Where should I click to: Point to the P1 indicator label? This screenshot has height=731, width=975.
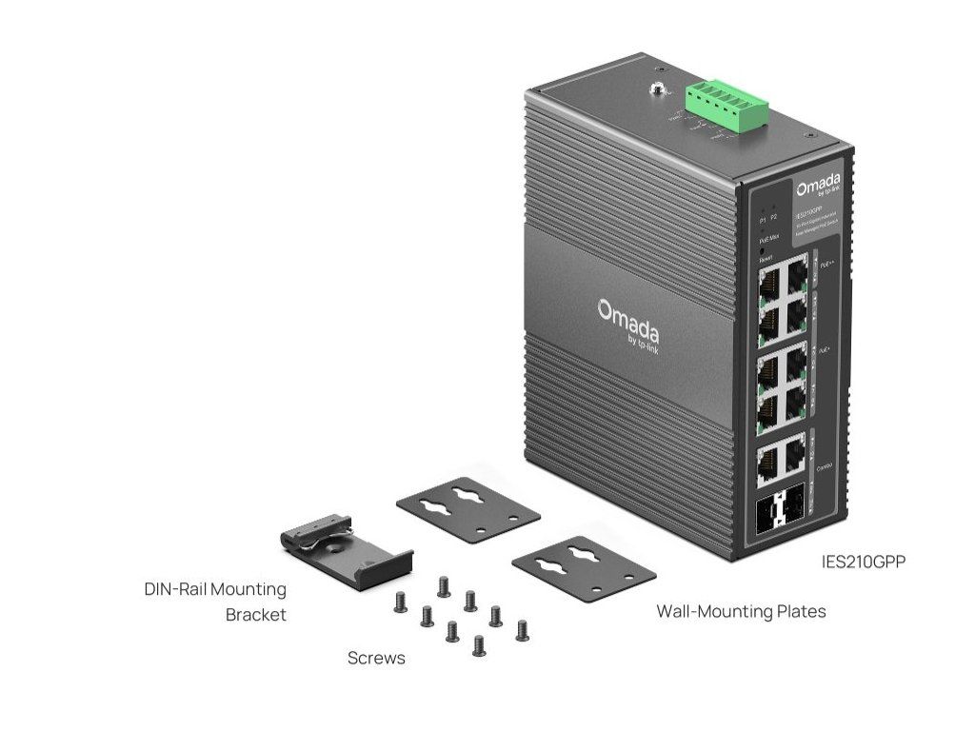click(763, 219)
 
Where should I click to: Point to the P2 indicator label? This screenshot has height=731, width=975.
click(774, 218)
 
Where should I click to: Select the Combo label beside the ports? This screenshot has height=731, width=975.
click(825, 466)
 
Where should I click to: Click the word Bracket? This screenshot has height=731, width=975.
click(255, 615)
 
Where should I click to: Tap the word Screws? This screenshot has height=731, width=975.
click(376, 658)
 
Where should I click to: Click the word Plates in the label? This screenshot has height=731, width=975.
click(803, 611)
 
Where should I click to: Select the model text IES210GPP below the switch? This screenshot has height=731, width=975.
click(863, 562)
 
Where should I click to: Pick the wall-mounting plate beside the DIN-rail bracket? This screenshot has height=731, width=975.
click(468, 510)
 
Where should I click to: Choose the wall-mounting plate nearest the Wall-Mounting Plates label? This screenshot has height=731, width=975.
click(584, 568)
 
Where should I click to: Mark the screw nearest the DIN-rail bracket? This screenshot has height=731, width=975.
click(401, 602)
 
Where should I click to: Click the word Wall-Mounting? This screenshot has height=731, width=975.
click(715, 611)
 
